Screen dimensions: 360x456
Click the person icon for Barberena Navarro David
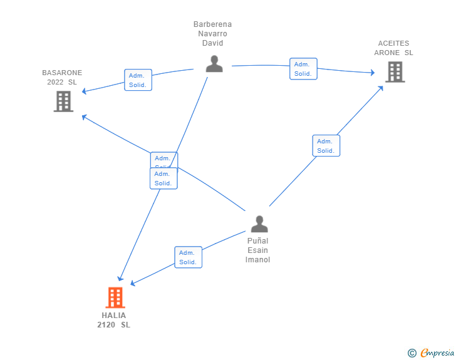coord(214,64)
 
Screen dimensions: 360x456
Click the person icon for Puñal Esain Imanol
coord(259,224)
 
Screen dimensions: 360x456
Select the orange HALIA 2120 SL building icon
coord(115,297)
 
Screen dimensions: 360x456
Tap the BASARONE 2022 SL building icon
coord(63,101)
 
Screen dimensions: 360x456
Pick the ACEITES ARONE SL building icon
coord(395,72)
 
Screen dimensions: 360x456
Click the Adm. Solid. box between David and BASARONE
coord(138,80)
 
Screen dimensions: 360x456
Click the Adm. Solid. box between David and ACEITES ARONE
coord(303,69)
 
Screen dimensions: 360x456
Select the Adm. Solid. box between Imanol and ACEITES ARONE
coord(326,146)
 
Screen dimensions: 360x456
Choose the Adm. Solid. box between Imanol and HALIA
coord(188,257)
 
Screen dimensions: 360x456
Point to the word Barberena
coord(212,24)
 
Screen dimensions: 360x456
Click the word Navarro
coord(212,34)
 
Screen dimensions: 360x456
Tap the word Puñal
coord(257,241)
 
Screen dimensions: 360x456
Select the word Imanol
coord(257,260)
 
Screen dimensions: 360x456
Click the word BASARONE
coord(62,73)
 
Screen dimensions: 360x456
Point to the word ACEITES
coord(393,43)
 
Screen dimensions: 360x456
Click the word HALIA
coord(114,316)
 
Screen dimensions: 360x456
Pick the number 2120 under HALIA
coord(106,325)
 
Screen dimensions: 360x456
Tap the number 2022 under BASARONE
coord(56,82)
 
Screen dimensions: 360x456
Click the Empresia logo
coord(437,352)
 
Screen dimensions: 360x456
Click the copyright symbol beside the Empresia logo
coord(412,353)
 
